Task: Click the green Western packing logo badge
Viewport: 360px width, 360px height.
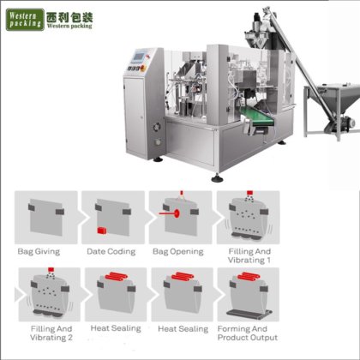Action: click(x=25, y=20)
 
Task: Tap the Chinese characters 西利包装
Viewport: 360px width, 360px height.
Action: click(x=69, y=17)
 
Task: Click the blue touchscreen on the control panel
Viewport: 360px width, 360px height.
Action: click(x=139, y=57)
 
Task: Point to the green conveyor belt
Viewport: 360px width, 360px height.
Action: click(x=257, y=117)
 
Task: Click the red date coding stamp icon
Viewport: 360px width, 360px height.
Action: click(x=101, y=231)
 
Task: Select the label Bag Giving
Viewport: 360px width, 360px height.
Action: click(x=39, y=252)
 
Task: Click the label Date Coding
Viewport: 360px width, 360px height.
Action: click(x=111, y=252)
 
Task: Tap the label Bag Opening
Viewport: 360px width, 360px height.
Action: click(x=178, y=252)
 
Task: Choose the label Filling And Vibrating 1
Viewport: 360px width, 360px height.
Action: click(x=249, y=256)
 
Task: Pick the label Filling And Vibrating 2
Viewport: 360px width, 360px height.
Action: click(x=51, y=333)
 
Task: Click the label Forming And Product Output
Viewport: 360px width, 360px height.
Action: click(x=248, y=333)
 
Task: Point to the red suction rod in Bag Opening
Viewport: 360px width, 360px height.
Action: click(x=170, y=213)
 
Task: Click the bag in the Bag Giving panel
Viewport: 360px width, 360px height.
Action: click(x=46, y=217)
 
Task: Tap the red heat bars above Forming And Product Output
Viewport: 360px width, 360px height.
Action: click(x=249, y=276)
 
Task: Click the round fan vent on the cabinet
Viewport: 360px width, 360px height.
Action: click(x=157, y=126)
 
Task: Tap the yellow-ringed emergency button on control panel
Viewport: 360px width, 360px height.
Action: click(x=142, y=68)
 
